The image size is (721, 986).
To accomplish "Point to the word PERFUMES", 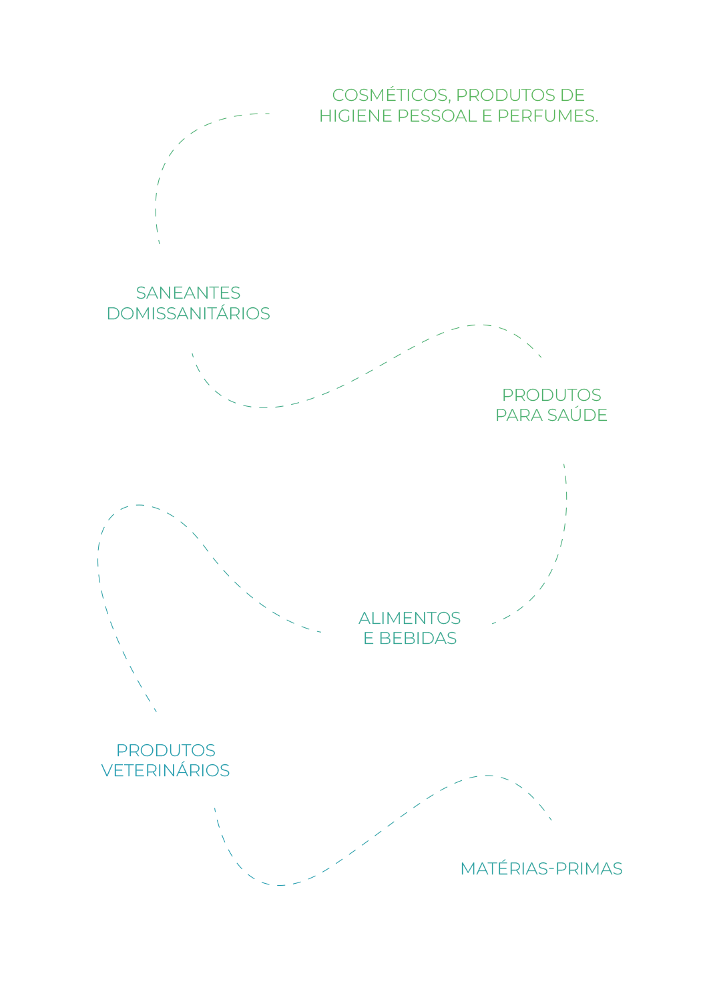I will (x=547, y=116).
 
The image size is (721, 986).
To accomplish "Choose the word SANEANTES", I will (x=188, y=293).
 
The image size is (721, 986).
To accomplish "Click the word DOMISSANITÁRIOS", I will (x=188, y=314).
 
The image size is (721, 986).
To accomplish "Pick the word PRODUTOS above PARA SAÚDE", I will (x=551, y=395).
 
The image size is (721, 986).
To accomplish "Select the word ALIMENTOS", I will (x=409, y=619).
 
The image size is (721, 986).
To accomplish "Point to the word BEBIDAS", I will (x=418, y=639).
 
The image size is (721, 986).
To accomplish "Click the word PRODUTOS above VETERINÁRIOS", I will (x=166, y=751).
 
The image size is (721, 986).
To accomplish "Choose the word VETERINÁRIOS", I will (x=165, y=771).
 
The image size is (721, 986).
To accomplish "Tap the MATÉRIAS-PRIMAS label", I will (x=541, y=869).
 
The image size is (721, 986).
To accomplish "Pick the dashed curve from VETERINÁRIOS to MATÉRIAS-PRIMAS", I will (x=374, y=835).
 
